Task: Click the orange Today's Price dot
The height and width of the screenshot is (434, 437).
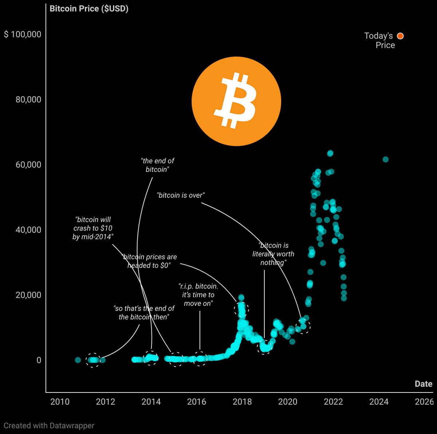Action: pos(400,36)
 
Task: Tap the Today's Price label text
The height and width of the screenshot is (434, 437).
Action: pos(379,40)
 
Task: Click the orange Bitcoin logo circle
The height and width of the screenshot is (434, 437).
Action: pos(236,101)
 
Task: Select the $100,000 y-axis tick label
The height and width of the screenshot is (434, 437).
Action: pos(23,34)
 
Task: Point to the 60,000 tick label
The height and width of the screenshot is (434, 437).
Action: pos(28,165)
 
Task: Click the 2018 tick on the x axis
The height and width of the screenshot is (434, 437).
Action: pos(242,402)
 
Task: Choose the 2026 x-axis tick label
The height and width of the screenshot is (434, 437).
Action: pos(424,402)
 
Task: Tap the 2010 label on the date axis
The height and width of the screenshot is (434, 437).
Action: pos(60,402)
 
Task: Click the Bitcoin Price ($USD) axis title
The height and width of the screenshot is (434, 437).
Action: pos(89,8)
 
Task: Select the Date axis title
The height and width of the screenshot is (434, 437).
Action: pos(424,384)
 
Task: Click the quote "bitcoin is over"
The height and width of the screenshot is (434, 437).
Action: pos(181,195)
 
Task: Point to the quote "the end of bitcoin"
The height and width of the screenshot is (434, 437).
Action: pos(157,165)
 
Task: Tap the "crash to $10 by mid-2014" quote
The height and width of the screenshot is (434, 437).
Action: pos(93,228)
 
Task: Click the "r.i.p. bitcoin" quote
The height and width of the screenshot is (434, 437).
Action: pos(198,295)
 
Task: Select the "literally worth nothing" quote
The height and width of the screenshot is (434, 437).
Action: pos(273,254)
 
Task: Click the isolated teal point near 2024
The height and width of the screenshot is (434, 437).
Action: pos(386,159)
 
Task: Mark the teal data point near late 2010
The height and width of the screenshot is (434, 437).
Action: pos(78,360)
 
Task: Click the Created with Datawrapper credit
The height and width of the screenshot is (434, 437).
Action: pos(49,425)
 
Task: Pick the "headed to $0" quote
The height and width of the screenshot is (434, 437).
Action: pos(149,261)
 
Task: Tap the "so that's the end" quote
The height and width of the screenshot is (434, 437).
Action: pos(144,313)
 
